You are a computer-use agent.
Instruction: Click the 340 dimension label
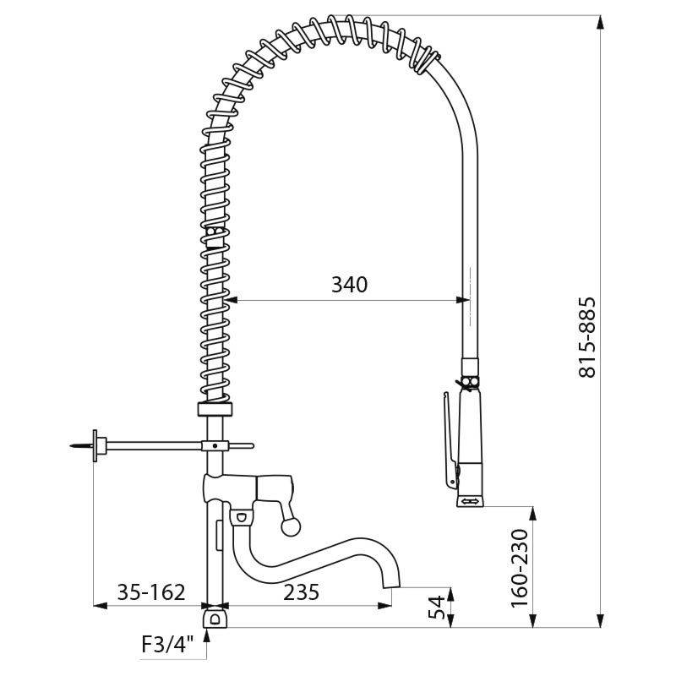(349, 285)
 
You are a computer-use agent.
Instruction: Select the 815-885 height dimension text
(588, 336)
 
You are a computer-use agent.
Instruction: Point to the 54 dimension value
(437, 608)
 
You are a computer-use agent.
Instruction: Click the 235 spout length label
(301, 592)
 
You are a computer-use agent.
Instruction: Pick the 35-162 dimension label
(152, 592)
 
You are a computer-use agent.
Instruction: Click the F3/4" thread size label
(168, 647)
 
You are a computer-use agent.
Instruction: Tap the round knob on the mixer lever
(290, 528)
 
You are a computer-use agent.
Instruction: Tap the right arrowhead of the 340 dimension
(462, 299)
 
